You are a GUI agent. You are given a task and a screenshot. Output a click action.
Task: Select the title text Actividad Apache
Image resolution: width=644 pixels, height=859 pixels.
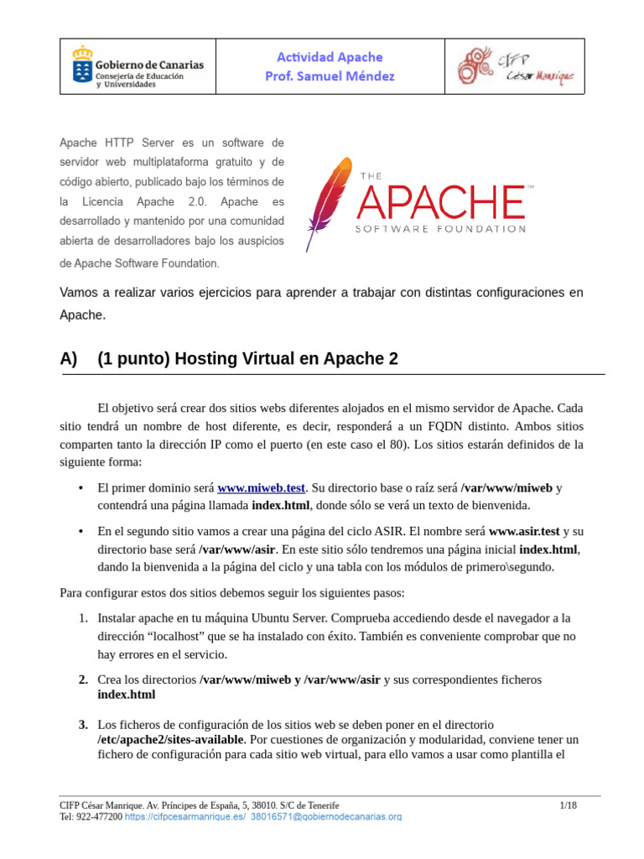(x=330, y=57)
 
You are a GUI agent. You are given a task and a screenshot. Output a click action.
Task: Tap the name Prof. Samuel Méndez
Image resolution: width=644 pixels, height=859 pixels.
(x=330, y=76)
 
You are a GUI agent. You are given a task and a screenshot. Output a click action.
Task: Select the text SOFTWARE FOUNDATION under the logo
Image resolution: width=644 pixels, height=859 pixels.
(x=441, y=228)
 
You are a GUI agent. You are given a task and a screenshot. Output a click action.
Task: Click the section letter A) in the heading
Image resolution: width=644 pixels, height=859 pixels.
(x=69, y=359)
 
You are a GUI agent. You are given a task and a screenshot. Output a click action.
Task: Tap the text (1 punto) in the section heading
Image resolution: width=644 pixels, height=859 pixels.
(x=133, y=359)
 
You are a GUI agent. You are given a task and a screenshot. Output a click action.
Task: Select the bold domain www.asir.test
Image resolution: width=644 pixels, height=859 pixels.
(x=524, y=532)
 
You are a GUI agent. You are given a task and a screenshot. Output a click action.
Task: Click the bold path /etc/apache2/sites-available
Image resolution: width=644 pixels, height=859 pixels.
(x=171, y=739)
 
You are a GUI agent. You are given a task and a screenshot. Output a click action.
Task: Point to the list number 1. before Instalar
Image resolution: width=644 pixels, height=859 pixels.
(x=83, y=618)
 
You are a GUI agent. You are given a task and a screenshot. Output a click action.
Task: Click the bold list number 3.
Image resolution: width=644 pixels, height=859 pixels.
(x=83, y=724)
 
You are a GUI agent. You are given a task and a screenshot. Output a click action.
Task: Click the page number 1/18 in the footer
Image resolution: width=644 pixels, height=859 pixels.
(x=569, y=805)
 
